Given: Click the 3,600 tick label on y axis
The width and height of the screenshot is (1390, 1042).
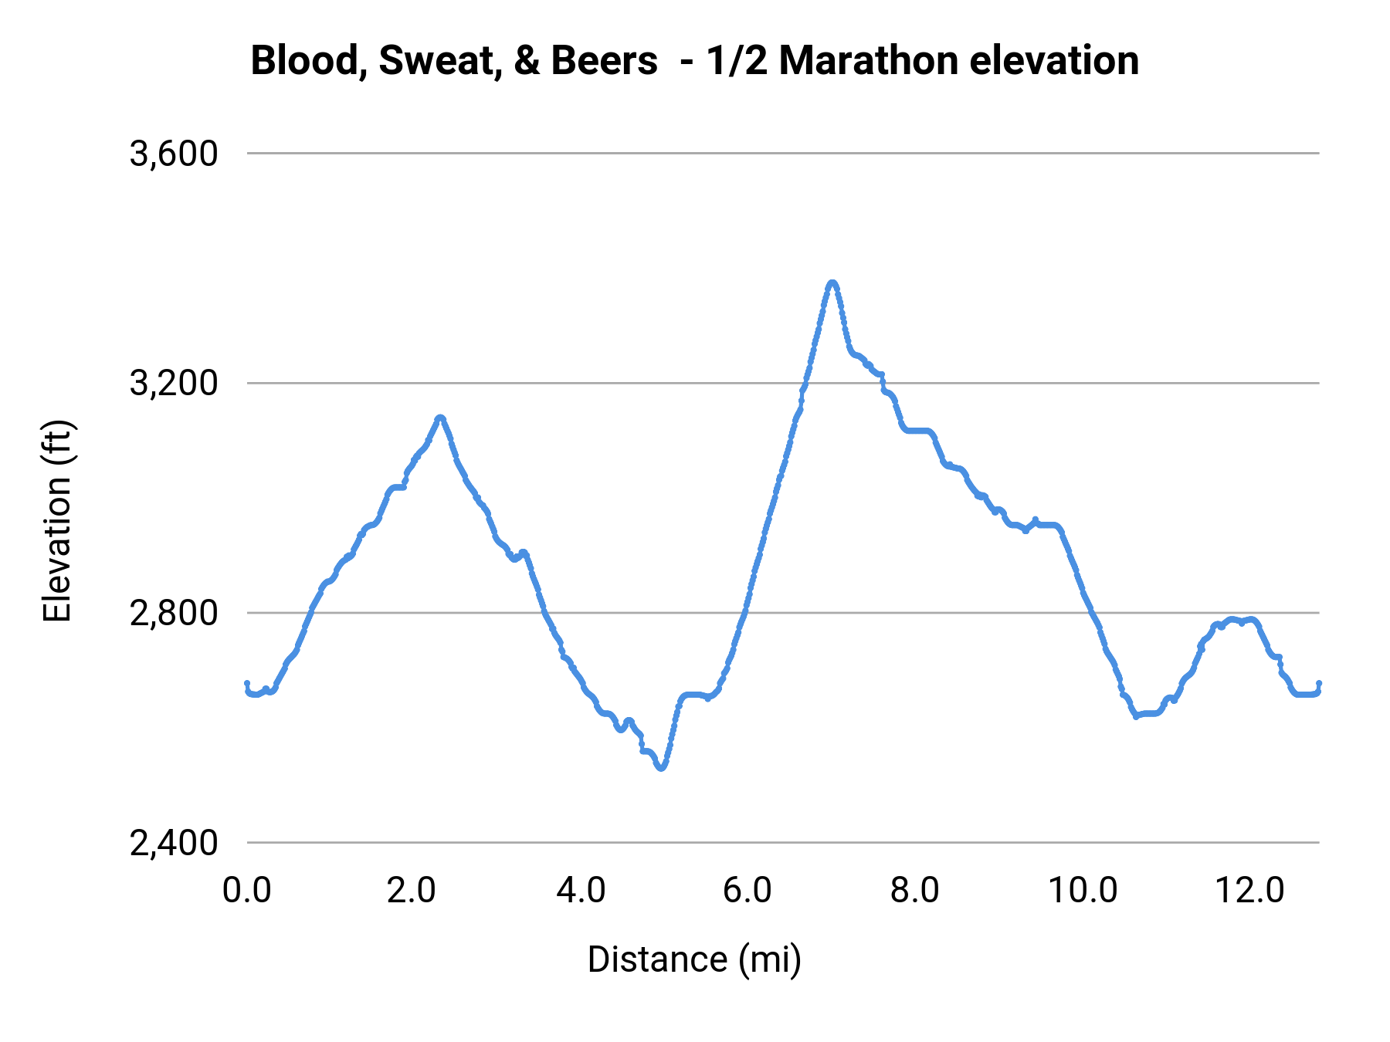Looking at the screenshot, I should (174, 154).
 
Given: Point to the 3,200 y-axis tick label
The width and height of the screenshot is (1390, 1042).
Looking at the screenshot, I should (174, 383).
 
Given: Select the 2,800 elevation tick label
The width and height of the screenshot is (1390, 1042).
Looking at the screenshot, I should (174, 613).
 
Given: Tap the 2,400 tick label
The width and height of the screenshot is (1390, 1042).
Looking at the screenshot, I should (174, 842).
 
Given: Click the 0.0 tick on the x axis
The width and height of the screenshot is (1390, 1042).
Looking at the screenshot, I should (246, 890).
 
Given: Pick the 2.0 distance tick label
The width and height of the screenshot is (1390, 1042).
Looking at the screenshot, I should (412, 890).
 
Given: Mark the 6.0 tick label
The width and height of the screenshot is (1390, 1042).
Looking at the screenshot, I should (747, 890).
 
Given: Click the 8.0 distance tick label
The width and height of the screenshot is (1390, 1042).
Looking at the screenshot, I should (914, 890).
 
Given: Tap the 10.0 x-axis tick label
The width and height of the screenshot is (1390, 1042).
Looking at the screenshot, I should (1082, 890).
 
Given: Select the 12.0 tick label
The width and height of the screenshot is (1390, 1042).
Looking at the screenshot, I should (1249, 890).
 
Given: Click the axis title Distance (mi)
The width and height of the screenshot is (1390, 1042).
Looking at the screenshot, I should (694, 959).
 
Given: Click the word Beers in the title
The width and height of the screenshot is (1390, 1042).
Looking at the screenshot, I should (604, 60).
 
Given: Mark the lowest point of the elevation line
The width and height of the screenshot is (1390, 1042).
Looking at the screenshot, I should (661, 768).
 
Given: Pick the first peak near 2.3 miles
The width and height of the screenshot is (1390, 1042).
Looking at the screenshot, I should (440, 418).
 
